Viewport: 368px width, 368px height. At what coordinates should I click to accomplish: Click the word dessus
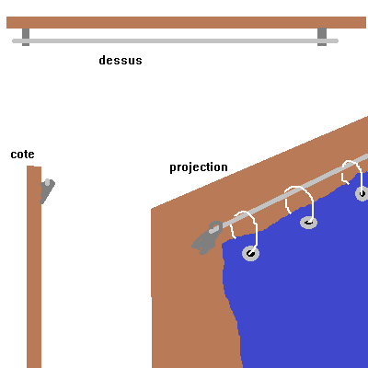coord(121,60)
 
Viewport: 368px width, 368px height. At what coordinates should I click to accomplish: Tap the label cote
coord(22,155)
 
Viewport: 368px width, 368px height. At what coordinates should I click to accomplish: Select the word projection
coord(199,167)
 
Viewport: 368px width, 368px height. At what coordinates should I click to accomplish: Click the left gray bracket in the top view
coord(26,37)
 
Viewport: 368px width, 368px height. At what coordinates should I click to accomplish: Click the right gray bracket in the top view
coord(322,37)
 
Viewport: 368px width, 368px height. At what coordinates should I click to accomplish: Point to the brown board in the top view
coord(186,22)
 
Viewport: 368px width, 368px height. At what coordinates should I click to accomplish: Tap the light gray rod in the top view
coord(175,40)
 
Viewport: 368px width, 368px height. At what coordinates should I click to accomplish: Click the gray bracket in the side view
coord(47,191)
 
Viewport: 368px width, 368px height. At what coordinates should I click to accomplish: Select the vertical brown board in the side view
coord(34,267)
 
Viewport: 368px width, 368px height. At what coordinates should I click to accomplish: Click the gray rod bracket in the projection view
coord(207,237)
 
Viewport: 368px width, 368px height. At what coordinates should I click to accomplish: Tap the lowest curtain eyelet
coord(251,253)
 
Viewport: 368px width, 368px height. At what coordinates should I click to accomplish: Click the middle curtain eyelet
coord(308,223)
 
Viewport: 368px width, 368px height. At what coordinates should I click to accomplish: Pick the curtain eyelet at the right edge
coord(362,193)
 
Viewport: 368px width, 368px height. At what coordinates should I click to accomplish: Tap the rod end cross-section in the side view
coord(47,182)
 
